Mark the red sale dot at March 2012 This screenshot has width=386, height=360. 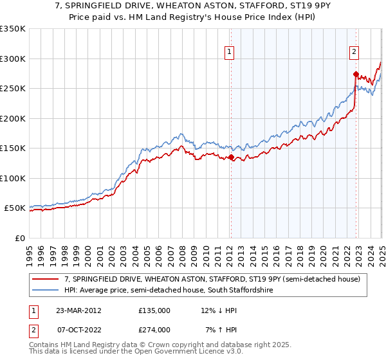tap(231, 157)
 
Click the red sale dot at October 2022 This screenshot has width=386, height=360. tap(355, 74)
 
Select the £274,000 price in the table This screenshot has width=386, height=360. tap(154, 329)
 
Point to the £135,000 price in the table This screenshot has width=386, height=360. tap(154, 310)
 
